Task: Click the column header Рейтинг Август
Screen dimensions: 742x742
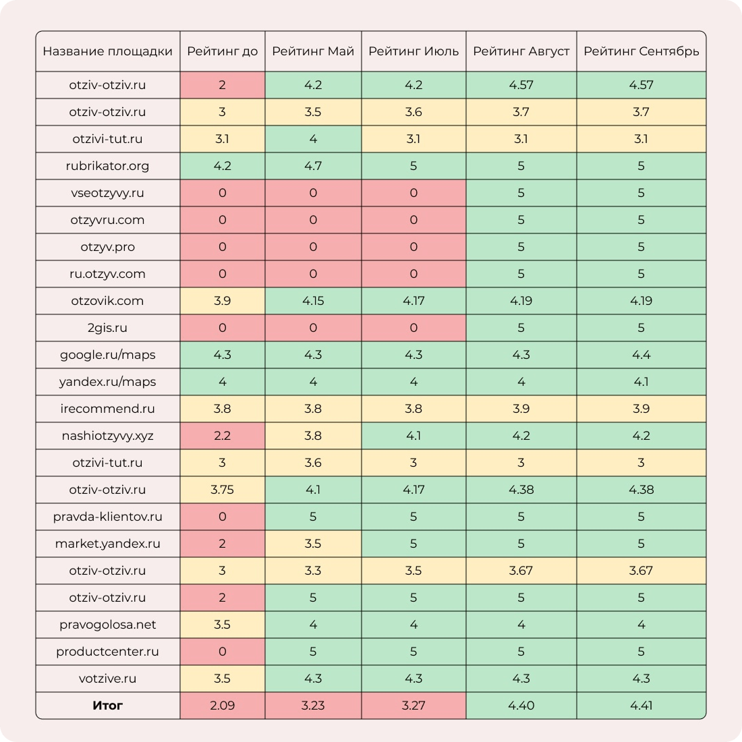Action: tap(521, 51)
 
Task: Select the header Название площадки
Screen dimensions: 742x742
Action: tap(108, 51)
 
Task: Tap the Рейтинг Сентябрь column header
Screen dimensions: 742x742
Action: tap(641, 51)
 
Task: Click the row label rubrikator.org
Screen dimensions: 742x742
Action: tap(108, 166)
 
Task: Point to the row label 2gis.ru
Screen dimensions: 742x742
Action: tap(108, 328)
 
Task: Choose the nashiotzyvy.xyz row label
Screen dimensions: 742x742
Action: tap(108, 436)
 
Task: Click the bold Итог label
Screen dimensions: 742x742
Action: tap(108, 706)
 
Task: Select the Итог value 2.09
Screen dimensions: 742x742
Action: tap(222, 706)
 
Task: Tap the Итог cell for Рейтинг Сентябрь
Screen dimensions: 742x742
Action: tap(641, 706)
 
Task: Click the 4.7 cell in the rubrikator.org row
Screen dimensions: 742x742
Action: tap(313, 166)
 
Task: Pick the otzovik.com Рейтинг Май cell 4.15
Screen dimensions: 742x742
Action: tap(313, 301)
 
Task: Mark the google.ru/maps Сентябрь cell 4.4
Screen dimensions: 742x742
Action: tap(641, 355)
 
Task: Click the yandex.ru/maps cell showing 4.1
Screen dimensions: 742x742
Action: tap(641, 382)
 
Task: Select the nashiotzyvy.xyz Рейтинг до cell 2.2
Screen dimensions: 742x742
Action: tap(222, 436)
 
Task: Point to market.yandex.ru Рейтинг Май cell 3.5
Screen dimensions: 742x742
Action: tap(313, 544)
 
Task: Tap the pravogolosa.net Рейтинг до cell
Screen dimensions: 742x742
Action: tap(222, 625)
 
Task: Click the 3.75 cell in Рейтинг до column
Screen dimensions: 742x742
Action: tap(222, 490)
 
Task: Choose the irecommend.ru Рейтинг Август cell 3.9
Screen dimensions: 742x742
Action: tap(521, 409)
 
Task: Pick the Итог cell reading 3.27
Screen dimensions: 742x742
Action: tap(413, 706)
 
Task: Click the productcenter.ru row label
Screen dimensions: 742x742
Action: tap(108, 652)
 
